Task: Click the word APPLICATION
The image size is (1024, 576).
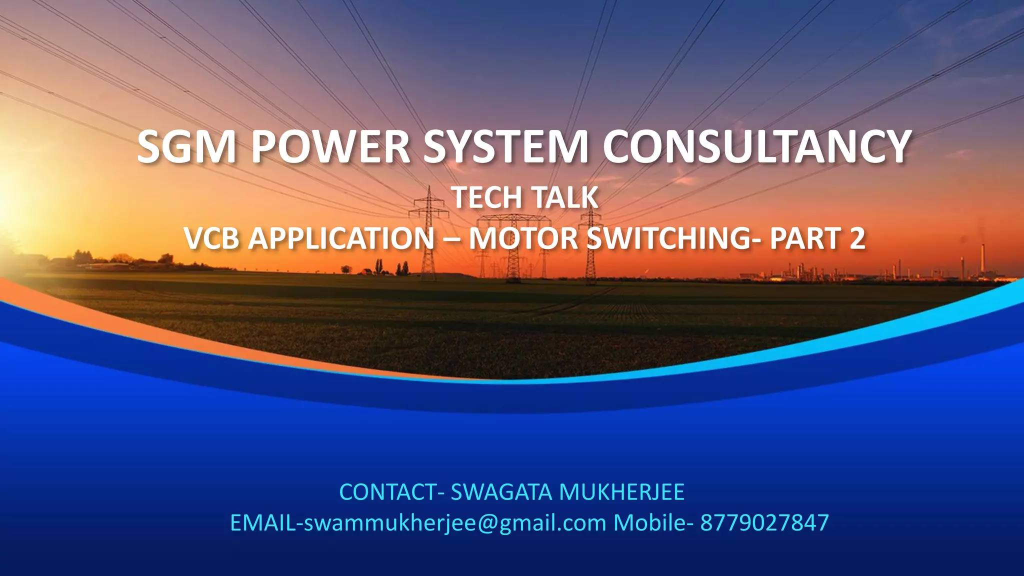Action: point(341,238)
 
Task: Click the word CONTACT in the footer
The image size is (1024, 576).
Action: point(388,492)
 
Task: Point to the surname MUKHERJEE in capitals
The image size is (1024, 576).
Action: point(621,492)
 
